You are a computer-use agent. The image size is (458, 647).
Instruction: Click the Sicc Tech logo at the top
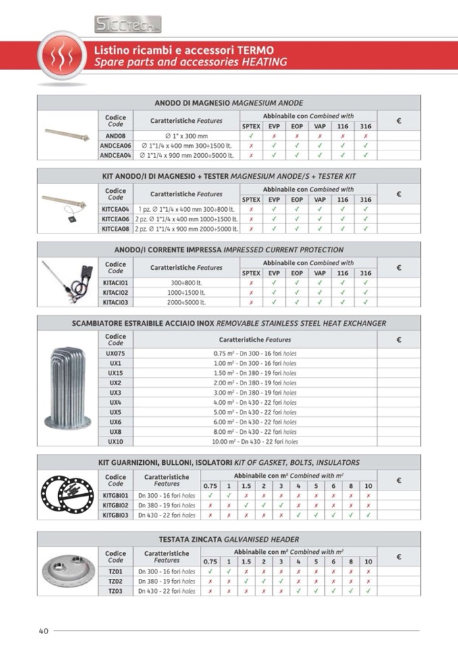tap(128, 24)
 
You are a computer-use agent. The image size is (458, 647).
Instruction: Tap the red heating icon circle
tap(61, 57)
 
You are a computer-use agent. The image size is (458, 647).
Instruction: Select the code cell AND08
tap(116, 136)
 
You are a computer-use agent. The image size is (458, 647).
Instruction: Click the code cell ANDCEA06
tap(116, 145)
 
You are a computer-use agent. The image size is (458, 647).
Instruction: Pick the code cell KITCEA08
tap(116, 229)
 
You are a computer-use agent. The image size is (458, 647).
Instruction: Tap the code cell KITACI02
tap(116, 293)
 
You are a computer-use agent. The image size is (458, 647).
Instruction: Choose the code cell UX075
tap(116, 353)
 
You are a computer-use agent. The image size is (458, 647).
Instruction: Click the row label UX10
tap(116, 442)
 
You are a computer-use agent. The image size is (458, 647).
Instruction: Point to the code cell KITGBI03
tap(116, 515)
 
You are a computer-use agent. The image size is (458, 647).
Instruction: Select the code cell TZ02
tap(116, 581)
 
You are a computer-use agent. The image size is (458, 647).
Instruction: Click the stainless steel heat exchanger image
tap(68, 388)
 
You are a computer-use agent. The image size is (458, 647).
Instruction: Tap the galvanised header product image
tap(68, 571)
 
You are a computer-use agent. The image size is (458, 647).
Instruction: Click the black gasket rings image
tap(68, 496)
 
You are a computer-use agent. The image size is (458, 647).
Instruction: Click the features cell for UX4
tap(255, 402)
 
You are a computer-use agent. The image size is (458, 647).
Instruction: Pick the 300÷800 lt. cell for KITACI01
tap(186, 283)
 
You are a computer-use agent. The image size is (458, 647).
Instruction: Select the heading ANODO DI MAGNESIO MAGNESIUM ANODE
tap(229, 103)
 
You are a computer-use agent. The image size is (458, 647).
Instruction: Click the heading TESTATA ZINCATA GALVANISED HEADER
tap(229, 539)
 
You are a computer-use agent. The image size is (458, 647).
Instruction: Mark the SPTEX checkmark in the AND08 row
tap(251, 136)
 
